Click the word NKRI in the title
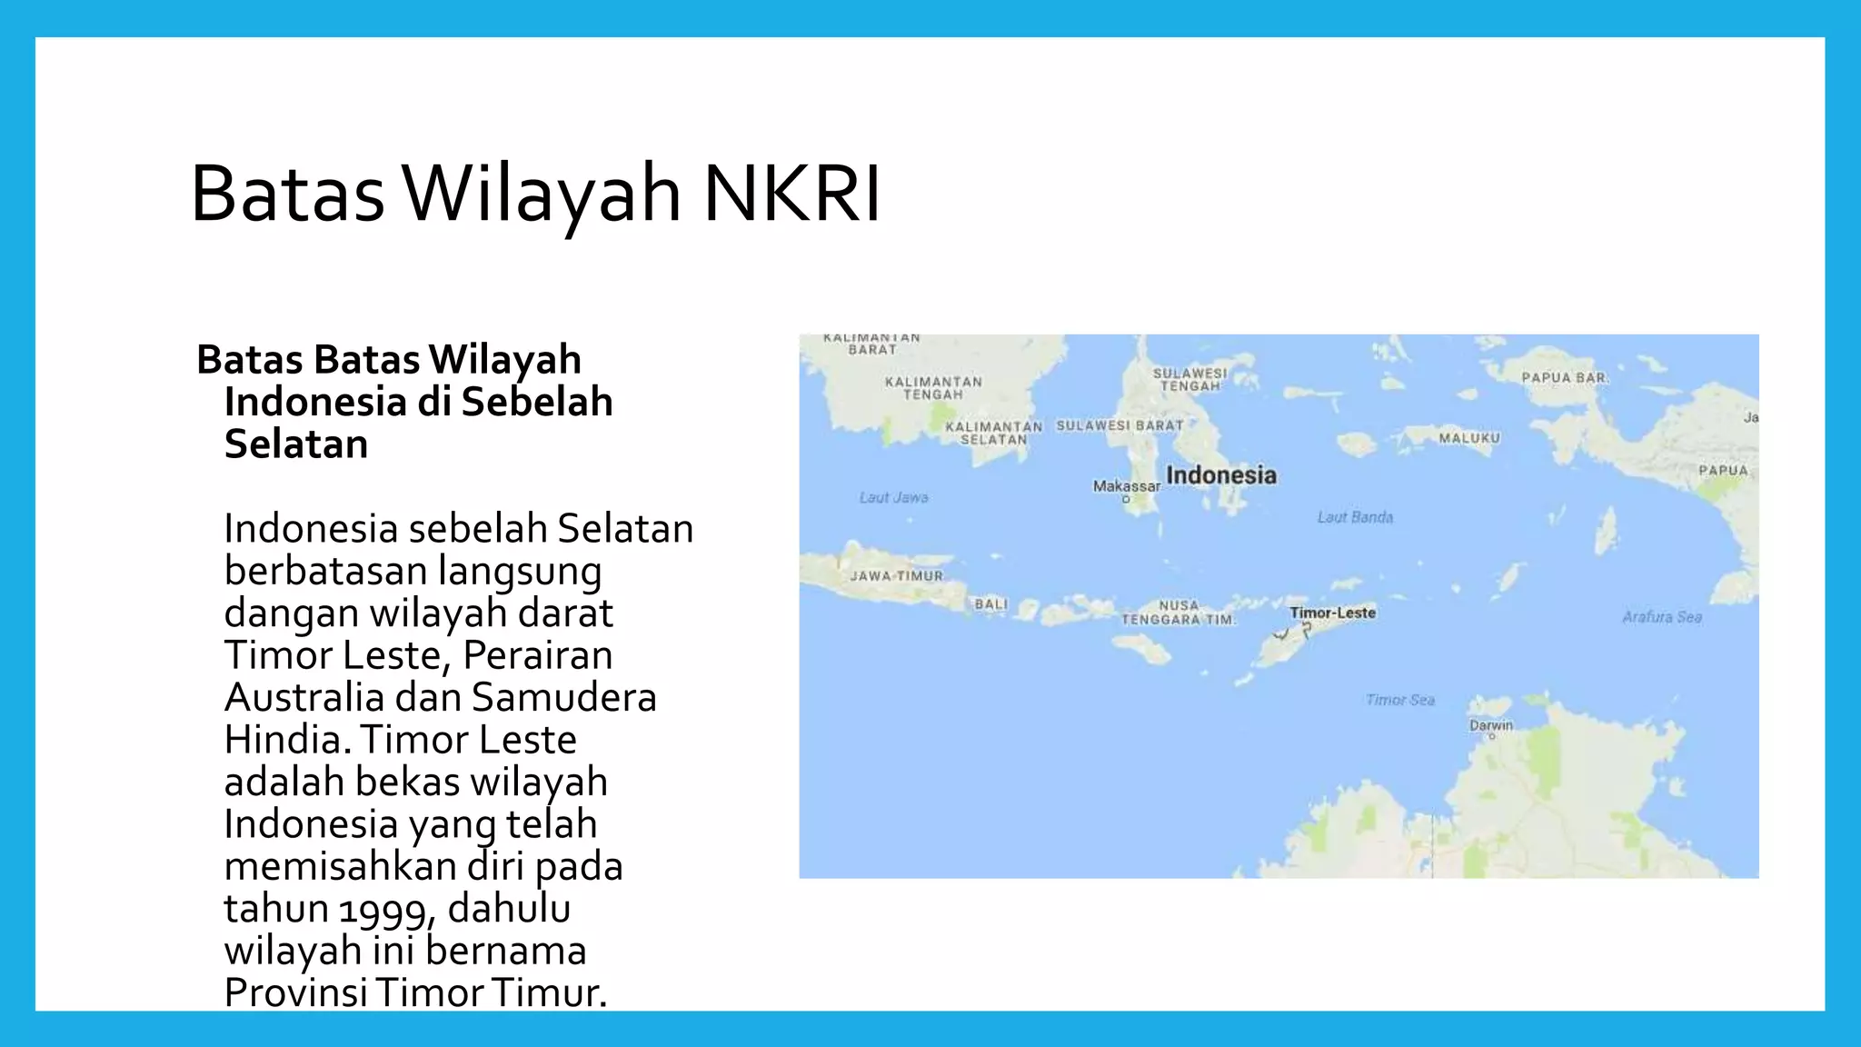pos(791,194)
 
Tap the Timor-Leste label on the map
pos(1332,613)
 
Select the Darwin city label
pos(1490,725)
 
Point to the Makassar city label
pos(1126,486)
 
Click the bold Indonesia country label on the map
pos(1220,475)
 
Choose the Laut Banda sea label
pos(1355,517)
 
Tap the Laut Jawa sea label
pos(894,497)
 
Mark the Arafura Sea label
pos(1661,617)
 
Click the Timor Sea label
pos(1399,700)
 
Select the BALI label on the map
pos(990,604)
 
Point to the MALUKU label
pos(1469,438)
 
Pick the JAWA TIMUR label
pos(896,576)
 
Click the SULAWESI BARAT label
pos(1120,425)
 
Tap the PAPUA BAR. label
pos(1564,377)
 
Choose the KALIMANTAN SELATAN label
pos(993,433)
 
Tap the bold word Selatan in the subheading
pos(296,444)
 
